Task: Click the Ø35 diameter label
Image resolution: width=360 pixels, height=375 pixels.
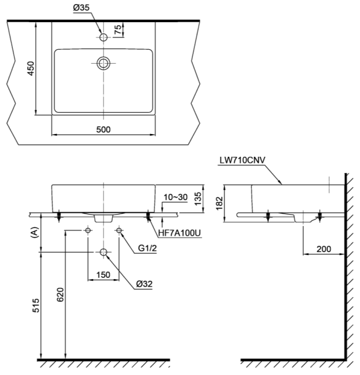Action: click(x=81, y=8)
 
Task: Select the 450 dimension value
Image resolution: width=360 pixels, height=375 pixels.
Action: click(x=31, y=68)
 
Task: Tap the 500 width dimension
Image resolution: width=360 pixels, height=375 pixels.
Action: click(x=103, y=129)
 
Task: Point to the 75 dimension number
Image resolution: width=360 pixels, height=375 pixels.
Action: click(x=118, y=30)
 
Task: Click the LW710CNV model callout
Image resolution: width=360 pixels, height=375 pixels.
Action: click(x=243, y=160)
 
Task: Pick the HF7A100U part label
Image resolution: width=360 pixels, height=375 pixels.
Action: click(x=179, y=233)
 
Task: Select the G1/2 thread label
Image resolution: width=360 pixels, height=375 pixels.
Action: click(x=147, y=248)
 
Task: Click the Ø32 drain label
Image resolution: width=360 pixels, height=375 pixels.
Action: click(x=144, y=284)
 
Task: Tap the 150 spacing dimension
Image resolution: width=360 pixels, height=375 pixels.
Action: click(x=103, y=275)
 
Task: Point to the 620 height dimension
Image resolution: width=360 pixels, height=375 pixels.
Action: click(x=60, y=294)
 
